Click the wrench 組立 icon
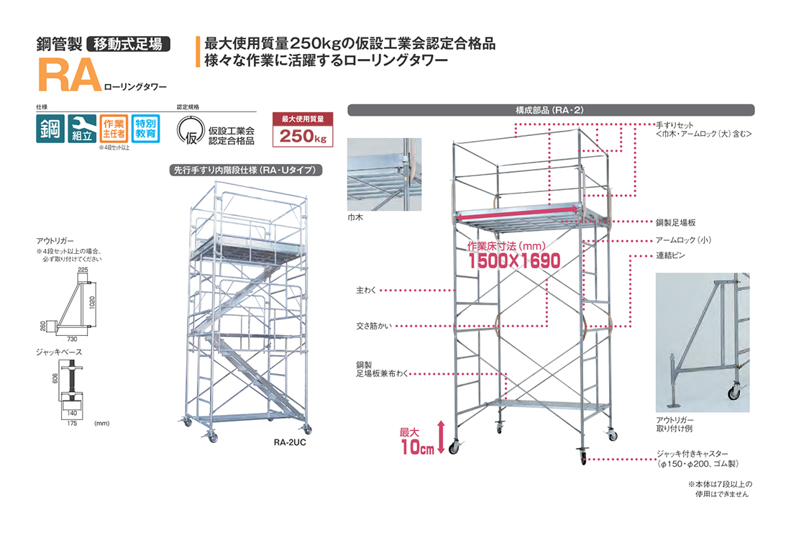click(x=81, y=129)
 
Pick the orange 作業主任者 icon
click(x=113, y=128)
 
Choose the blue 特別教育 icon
click(x=146, y=128)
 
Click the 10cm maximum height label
click(x=417, y=441)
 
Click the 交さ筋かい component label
click(x=371, y=324)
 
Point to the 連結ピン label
click(x=669, y=255)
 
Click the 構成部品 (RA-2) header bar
click(x=550, y=111)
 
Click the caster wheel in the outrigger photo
click(x=734, y=393)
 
